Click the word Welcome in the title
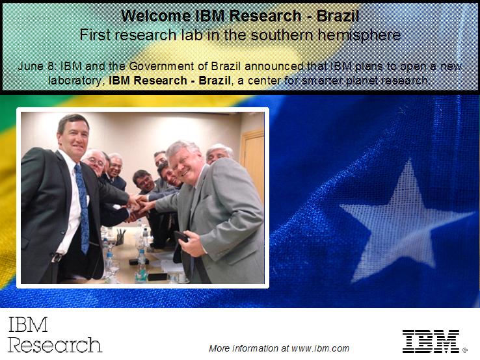coord(150,15)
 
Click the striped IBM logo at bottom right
coord(431,341)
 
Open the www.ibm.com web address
coord(321,348)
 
